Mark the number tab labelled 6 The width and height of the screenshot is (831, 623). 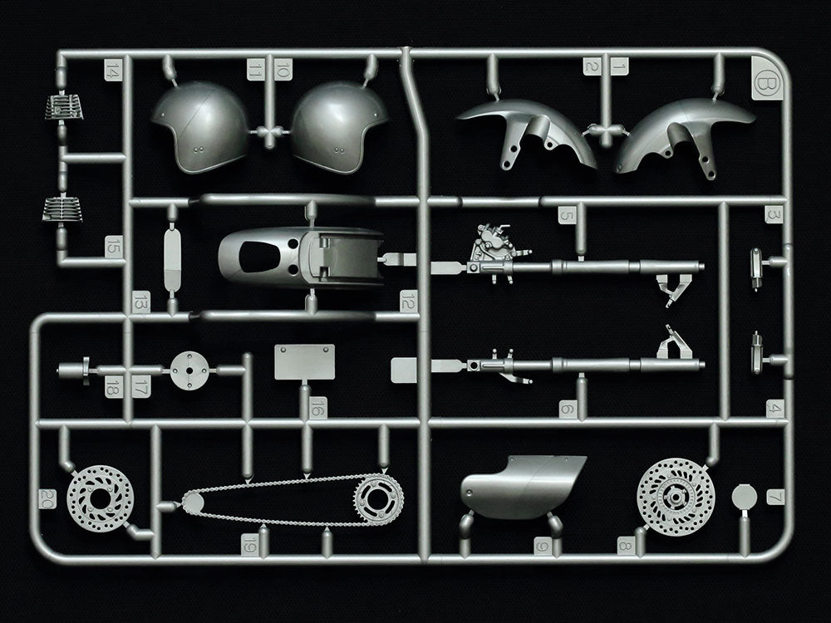tap(567, 409)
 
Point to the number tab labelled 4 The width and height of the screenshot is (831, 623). tap(774, 408)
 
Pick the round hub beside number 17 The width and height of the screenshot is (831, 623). tap(188, 369)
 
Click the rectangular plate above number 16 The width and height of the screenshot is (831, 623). tap(304, 362)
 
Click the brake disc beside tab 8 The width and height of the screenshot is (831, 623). tap(675, 498)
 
